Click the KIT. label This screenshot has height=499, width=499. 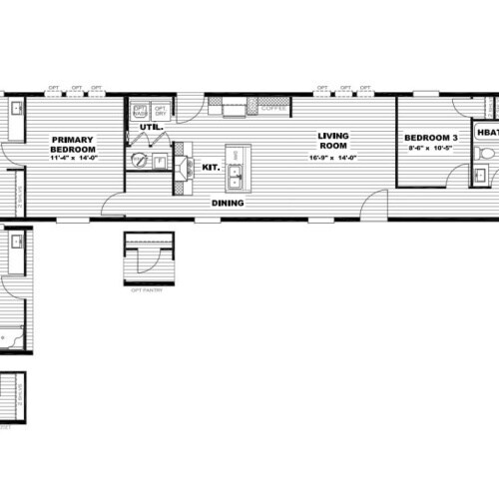click(211, 168)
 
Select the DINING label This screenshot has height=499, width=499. click(230, 204)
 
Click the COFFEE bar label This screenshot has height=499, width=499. click(272, 108)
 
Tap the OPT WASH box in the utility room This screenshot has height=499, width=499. click(140, 110)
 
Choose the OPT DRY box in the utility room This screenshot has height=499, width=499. click(160, 110)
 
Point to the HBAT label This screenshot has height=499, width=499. click(487, 131)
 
